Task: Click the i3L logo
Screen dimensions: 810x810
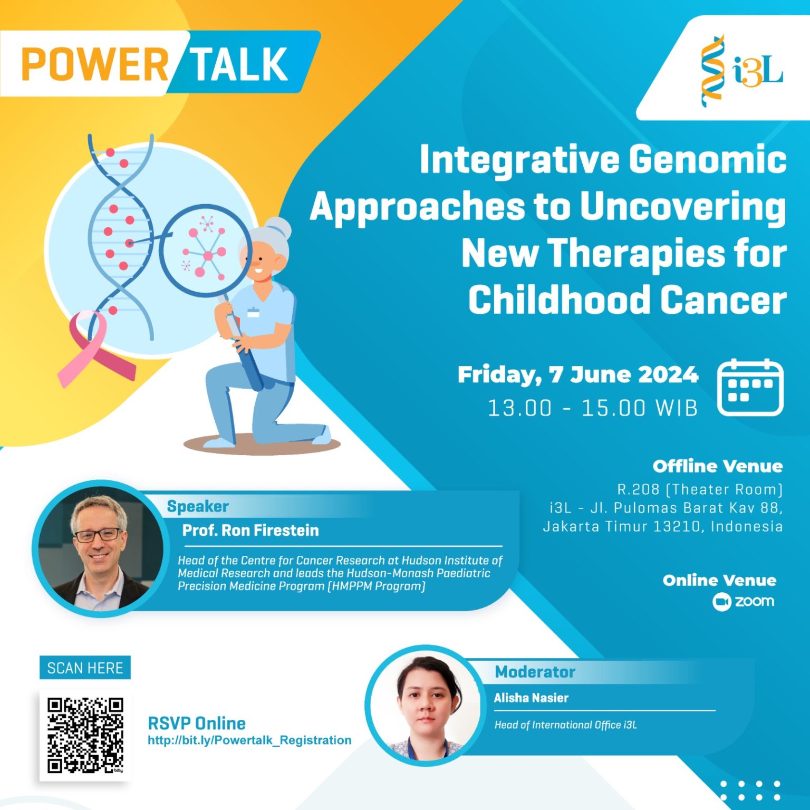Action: click(741, 71)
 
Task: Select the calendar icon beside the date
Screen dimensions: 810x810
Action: click(750, 388)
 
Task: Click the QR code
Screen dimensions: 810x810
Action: click(85, 735)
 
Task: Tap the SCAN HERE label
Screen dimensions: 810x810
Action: click(85, 668)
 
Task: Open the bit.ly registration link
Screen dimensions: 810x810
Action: click(249, 740)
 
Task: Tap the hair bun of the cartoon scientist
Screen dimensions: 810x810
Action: click(278, 228)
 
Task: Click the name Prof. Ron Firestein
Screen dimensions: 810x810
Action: click(250, 530)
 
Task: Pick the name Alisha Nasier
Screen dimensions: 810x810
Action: click(531, 698)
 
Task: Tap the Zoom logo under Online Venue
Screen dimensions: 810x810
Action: click(744, 602)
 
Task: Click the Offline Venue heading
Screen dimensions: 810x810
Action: click(717, 466)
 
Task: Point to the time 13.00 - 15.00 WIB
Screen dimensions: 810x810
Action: click(592, 408)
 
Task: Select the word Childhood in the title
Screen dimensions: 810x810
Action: click(558, 300)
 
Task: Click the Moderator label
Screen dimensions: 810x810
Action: click(535, 672)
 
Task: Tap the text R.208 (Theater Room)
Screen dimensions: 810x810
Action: click(700, 489)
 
